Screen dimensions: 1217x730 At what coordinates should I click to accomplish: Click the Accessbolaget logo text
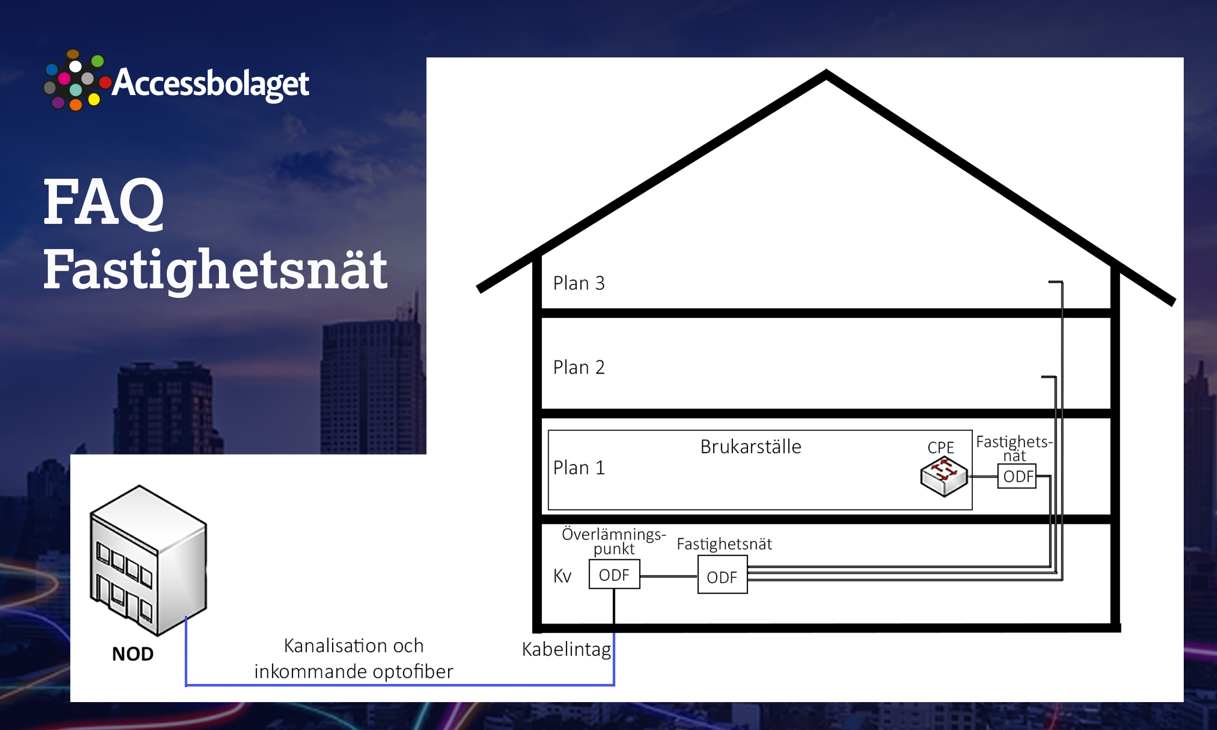[210, 83]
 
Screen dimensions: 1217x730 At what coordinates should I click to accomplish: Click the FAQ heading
[104, 202]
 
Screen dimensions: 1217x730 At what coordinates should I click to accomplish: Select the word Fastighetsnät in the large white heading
[215, 269]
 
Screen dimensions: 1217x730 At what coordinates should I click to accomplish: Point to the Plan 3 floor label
[579, 283]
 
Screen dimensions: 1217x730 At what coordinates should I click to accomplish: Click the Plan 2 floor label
[579, 367]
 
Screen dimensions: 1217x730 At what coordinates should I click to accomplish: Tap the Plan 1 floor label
[579, 468]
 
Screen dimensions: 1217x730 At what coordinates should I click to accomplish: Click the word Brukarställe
[751, 447]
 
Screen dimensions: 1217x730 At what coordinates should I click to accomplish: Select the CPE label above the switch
[941, 447]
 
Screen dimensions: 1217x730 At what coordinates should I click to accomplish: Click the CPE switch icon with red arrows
[944, 476]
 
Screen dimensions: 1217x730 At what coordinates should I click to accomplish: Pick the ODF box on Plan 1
[1017, 476]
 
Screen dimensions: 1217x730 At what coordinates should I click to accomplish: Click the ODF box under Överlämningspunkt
[614, 574]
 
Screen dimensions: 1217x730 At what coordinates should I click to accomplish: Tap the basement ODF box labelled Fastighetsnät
[722, 574]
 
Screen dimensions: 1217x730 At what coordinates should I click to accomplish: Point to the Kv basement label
[562, 576]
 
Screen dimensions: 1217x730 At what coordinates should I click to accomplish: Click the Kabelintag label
[567, 649]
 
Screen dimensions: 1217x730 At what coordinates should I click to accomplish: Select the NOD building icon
[149, 560]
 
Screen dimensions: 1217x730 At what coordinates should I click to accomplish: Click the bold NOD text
[133, 654]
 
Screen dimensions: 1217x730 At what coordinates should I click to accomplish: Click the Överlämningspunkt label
[614, 541]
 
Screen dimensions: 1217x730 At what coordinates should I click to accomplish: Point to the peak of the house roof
[826, 72]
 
